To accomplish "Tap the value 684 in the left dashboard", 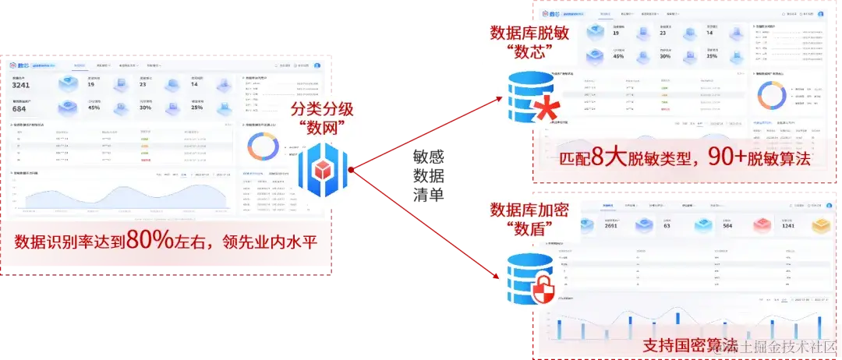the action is [x=20, y=108].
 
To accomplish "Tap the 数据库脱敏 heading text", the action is [x=525, y=33].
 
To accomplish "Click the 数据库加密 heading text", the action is [x=525, y=209].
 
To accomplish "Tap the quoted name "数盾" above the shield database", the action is [x=524, y=229].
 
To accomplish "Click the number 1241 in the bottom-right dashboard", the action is [x=787, y=226].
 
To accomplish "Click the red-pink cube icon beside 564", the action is [x=762, y=224].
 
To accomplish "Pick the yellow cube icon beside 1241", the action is [x=823, y=224].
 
